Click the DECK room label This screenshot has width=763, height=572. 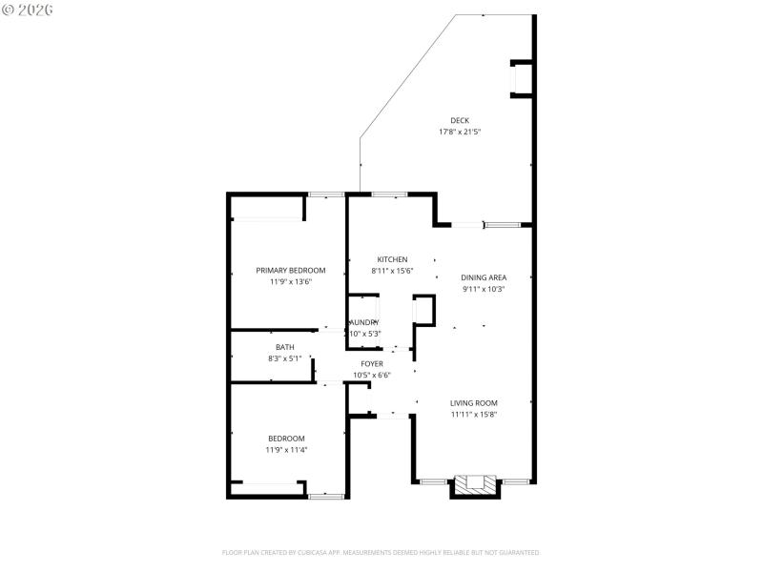click(460, 120)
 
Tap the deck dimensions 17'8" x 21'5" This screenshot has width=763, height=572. click(460, 132)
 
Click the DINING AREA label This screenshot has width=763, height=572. click(484, 277)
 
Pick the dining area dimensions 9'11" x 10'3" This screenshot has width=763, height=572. click(484, 289)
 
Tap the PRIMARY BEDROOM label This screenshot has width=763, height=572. click(291, 270)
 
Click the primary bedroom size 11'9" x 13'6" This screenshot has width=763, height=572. click(291, 281)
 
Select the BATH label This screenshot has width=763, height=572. click(285, 347)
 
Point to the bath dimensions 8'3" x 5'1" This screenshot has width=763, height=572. click(285, 358)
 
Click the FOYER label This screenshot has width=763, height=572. click(372, 363)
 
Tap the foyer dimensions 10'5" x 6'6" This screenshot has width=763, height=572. click(372, 375)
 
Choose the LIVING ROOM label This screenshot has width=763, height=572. click(474, 402)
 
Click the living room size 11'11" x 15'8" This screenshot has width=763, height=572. click(474, 414)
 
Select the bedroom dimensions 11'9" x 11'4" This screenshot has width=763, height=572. click(286, 450)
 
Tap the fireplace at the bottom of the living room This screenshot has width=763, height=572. click(474, 485)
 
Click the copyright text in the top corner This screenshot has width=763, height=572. click(28, 10)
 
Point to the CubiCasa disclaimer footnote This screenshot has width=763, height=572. click(381, 552)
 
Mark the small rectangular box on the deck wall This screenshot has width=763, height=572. click(523, 78)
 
